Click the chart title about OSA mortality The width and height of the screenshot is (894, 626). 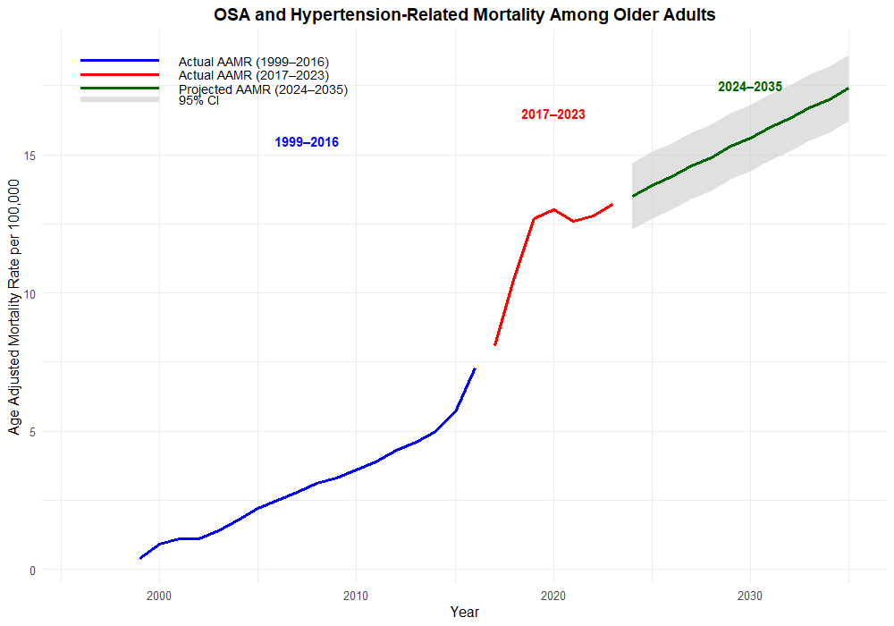tap(464, 15)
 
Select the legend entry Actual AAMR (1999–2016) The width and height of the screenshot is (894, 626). tap(253, 62)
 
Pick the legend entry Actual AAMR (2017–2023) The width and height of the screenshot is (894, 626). tap(253, 75)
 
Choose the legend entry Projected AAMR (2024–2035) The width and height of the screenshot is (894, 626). tap(263, 89)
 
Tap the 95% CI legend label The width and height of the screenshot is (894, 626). tap(198, 100)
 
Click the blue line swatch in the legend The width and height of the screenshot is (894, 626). tap(120, 60)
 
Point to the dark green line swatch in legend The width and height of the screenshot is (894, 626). tap(120, 88)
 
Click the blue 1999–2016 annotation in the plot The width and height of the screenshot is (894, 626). tap(307, 142)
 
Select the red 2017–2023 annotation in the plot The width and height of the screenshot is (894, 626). tap(553, 114)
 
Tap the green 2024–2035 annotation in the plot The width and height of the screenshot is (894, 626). tap(750, 87)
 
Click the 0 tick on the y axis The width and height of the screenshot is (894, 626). tap(32, 570)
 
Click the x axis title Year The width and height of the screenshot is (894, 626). tap(464, 613)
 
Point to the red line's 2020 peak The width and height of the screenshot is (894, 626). tap(553, 209)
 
